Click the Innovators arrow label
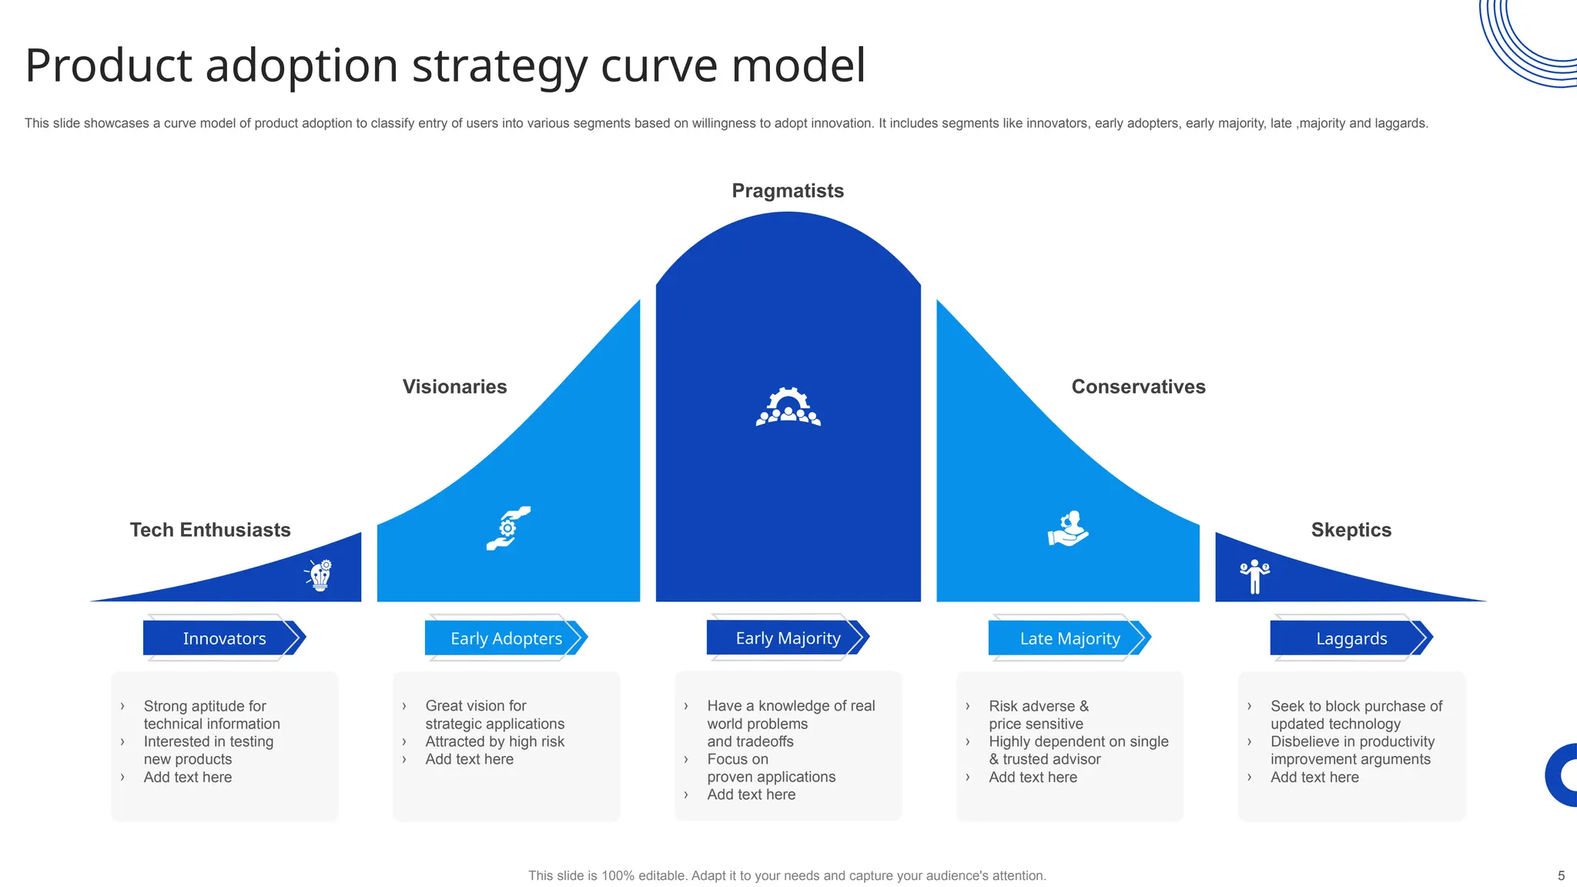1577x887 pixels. [224, 638]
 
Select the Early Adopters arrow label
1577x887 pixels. [506, 638]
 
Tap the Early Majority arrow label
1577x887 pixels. [788, 638]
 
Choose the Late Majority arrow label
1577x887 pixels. [1070, 638]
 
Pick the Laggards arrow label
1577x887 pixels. [1351, 638]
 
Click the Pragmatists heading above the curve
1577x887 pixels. [788, 191]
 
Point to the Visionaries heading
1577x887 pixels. [454, 387]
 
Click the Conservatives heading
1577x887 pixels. [1138, 387]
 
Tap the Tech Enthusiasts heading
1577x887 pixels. [210, 530]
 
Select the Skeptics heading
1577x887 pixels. [1351, 530]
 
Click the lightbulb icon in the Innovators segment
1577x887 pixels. [320, 575]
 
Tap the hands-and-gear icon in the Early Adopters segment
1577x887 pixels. [508, 528]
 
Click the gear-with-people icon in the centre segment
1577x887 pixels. [788, 407]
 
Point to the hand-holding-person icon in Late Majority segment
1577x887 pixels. [1068, 529]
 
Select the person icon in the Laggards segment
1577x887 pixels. [1254, 576]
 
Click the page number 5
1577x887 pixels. [1561, 875]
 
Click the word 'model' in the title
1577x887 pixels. [798, 65]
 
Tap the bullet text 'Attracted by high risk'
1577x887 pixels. [494, 741]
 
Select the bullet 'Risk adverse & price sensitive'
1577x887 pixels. [1038, 715]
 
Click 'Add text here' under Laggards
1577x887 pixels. [1314, 777]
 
